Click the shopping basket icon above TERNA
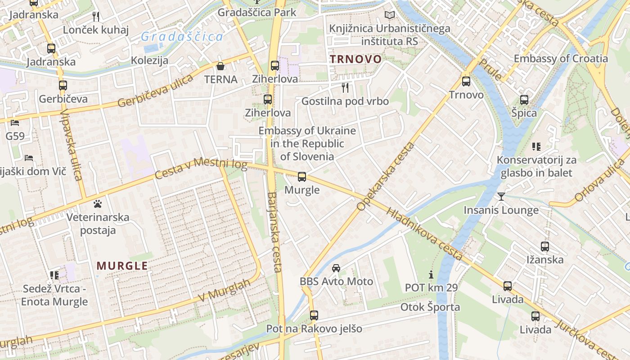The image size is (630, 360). tap(220, 67)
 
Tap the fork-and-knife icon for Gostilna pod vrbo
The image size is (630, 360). tap(345, 87)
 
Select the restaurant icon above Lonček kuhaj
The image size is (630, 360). tap(95, 17)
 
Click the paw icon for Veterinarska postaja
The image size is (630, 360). tap(98, 204)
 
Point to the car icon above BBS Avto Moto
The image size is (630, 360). tap(336, 268)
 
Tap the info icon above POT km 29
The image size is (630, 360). tap(431, 274)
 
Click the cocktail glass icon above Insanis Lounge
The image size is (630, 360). tap(501, 196)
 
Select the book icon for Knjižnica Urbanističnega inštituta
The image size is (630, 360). tap(390, 15)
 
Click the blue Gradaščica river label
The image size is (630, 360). tap(182, 37)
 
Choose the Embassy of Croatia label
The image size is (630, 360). tap(561, 58)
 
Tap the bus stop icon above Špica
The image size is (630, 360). tap(524, 100)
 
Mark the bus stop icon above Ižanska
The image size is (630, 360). tap(545, 247)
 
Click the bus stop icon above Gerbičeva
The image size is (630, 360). tap(63, 85)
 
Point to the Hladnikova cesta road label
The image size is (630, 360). tap(424, 234)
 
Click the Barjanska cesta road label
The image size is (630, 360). tap(274, 232)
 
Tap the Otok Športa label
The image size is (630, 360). tap(430, 307)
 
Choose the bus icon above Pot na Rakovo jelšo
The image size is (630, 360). tap(314, 315)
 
